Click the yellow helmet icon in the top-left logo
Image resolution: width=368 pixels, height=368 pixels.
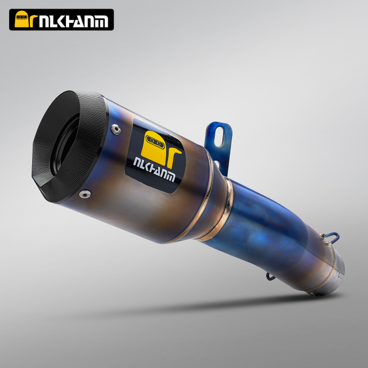(21, 19)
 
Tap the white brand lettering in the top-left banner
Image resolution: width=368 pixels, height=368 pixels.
(74, 21)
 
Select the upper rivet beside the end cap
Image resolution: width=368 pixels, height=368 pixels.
(116, 129)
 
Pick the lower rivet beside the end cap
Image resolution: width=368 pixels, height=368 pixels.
(85, 194)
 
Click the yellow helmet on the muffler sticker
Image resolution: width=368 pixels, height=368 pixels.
(154, 148)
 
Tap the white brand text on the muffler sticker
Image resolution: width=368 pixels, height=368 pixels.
(154, 170)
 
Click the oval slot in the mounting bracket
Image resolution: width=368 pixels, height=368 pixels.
(220, 137)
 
